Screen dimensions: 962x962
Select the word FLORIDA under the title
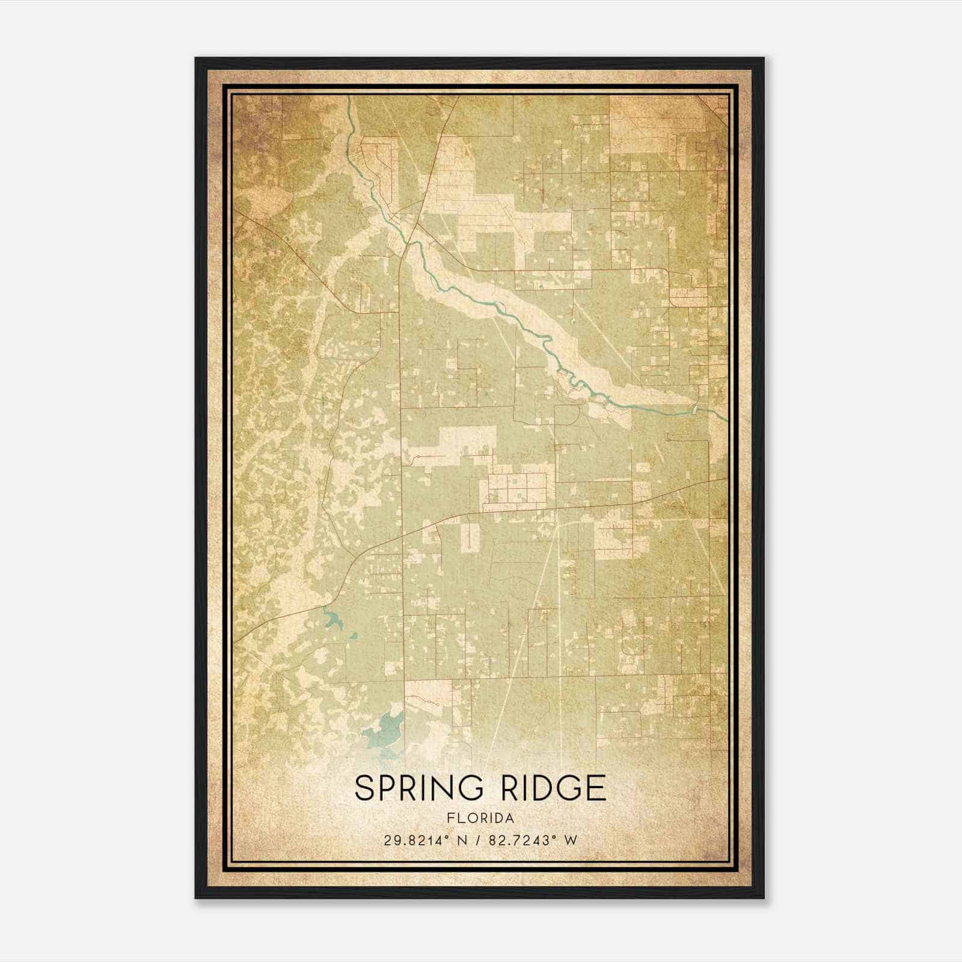pos(480,818)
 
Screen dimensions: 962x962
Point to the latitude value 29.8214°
pos(417,840)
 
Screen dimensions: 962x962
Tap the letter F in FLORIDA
pos(450,818)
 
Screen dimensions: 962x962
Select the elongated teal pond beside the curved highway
pos(332,619)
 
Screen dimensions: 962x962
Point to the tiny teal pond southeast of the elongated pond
pos(354,635)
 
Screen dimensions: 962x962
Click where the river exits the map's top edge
pos(349,97)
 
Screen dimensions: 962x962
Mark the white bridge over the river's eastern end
pos(696,410)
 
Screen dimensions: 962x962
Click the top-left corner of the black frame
pos(196,58)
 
